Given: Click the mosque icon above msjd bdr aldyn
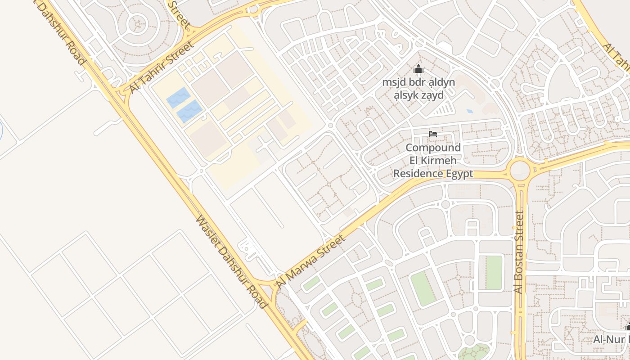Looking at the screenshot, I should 418,69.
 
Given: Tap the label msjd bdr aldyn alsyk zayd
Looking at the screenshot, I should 418,89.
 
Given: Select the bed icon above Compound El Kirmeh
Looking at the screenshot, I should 433,134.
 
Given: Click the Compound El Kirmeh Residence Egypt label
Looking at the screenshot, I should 433,161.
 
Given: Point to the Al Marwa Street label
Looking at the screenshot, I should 311,261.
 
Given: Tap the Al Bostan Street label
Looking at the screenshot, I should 519,252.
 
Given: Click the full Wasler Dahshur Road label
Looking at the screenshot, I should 231,261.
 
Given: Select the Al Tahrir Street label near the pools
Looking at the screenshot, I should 162,67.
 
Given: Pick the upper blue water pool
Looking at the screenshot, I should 179,98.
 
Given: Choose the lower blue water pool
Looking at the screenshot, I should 189,112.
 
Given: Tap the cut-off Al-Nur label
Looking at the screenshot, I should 612,339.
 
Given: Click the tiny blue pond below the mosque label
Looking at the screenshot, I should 470,111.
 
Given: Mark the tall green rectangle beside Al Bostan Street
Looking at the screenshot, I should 494,273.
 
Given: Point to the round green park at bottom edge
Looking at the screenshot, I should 473,352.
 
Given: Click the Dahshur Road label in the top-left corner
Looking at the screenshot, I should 63,31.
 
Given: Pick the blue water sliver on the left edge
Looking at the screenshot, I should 1,130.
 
